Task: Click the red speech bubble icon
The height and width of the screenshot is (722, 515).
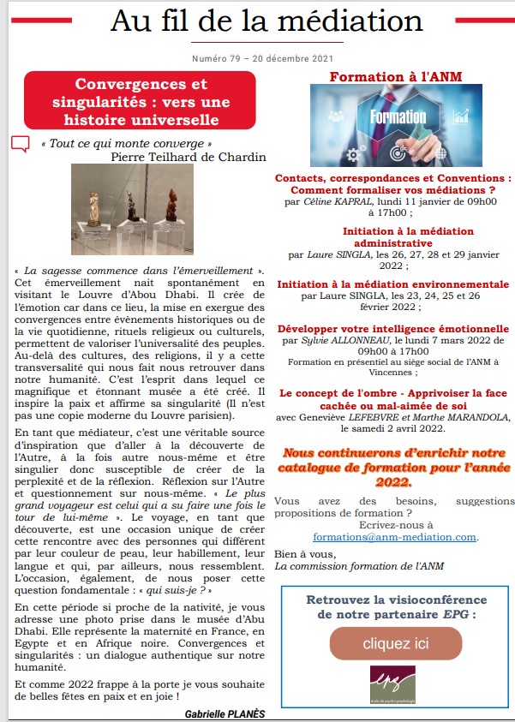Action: tap(21, 144)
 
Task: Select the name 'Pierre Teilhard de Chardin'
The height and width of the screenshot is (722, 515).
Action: tap(177, 157)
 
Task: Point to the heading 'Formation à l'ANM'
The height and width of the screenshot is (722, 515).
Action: tap(395, 76)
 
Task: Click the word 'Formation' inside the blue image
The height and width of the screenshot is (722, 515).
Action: tap(398, 117)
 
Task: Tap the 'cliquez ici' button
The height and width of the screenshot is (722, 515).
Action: tap(395, 642)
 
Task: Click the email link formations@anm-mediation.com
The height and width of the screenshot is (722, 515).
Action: tap(395, 537)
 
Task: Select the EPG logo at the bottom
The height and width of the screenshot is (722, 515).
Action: tap(392, 687)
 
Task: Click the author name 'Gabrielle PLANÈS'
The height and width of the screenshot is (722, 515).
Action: tap(225, 713)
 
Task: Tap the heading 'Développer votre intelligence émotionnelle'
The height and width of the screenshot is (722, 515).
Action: tap(393, 329)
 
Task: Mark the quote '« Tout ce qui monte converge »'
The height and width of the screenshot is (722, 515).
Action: tap(126, 143)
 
